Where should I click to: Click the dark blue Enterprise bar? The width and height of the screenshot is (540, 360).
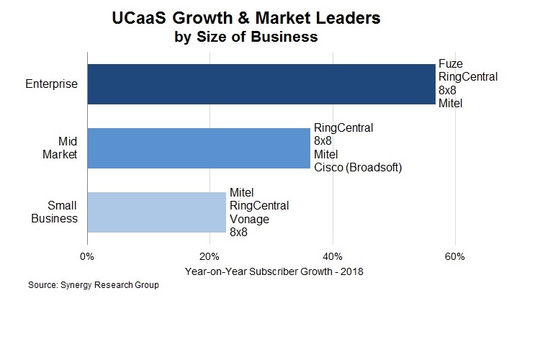point(261,84)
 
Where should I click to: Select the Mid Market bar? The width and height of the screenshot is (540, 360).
point(198,148)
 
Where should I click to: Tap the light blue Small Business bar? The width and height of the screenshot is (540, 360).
point(156,212)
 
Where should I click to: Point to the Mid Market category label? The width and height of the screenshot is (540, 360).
point(62,148)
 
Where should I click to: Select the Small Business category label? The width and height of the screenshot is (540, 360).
point(54,212)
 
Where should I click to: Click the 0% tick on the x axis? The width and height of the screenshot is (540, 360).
point(87,256)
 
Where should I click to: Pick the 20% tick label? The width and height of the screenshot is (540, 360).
point(210,256)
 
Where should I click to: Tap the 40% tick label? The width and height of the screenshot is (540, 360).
point(332,256)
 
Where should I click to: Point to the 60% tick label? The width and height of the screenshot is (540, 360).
point(454,256)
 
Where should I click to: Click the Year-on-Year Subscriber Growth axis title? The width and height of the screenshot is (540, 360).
point(274,271)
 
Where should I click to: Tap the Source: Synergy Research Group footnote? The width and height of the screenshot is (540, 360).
point(93,285)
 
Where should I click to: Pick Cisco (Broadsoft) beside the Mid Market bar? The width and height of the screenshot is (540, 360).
point(357,167)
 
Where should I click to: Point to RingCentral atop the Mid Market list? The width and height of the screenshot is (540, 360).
point(343,129)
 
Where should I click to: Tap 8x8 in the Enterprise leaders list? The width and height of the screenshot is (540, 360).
point(448,91)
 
